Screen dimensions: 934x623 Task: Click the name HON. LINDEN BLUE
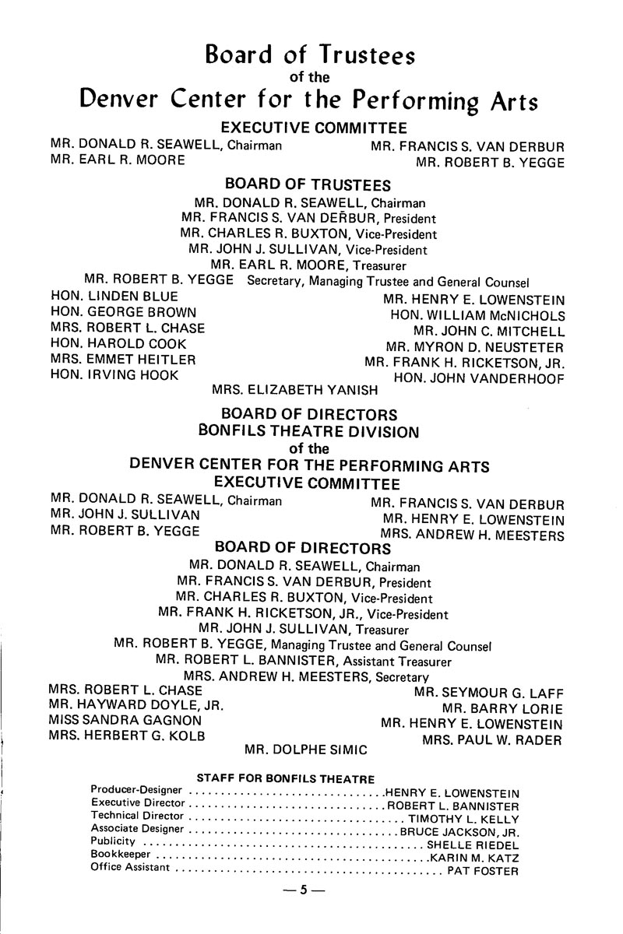[114, 297]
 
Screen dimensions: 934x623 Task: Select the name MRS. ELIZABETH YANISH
[295, 389]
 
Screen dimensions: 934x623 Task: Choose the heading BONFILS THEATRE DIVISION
[309, 431]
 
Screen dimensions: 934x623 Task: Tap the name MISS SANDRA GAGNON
[125, 720]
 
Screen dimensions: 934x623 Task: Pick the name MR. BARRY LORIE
[502, 708]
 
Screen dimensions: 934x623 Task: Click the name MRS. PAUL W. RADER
[491, 739]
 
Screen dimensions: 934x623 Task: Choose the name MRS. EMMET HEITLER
[122, 359]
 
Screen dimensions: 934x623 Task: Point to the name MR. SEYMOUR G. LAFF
[488, 693]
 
